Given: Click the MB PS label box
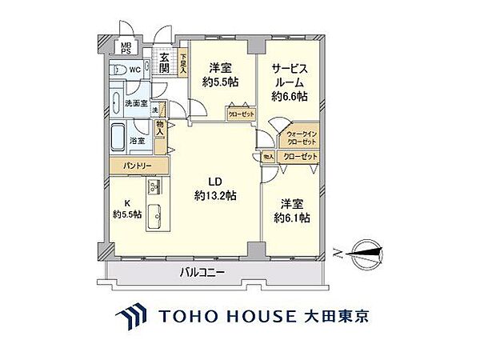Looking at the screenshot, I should pos(126,48).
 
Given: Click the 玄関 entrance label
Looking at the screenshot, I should pos(165,63).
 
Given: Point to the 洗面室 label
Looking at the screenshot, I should pos(136,103).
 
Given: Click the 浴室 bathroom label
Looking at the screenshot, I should pos(138,140).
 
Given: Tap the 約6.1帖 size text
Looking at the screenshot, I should pos(291,218).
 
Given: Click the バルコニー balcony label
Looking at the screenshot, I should pos(202,274).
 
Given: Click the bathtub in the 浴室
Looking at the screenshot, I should pos(118,138).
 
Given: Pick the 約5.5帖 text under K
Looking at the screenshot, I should pos(128,214).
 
